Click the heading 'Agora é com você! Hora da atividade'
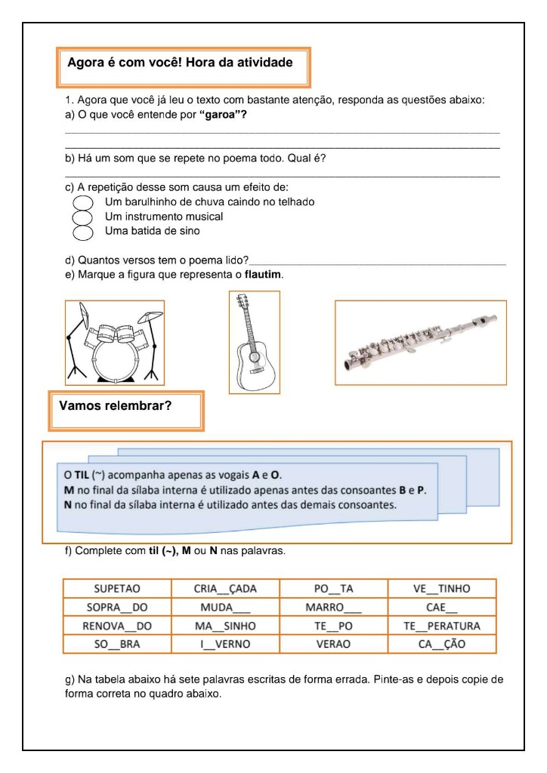[180, 63]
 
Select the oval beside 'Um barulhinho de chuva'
[82, 202]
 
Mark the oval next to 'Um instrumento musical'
[82, 217]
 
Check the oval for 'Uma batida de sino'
[82, 231]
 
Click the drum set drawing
[115, 342]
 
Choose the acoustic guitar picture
[255, 342]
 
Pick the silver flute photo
[421, 342]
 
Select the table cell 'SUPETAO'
[117, 588]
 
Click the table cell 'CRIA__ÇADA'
[225, 588]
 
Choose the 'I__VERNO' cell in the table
[225, 645]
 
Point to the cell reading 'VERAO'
[333, 645]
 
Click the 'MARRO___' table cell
[333, 607]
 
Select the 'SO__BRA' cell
[117, 645]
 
